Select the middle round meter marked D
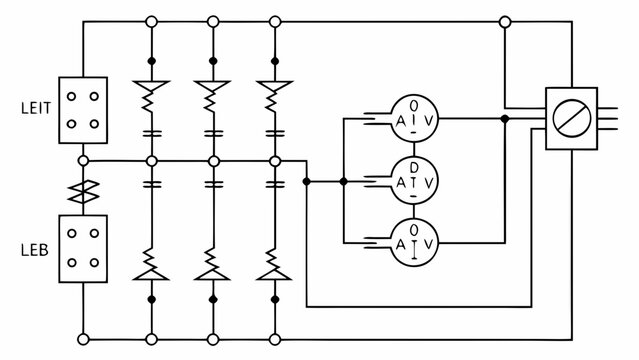point(414,181)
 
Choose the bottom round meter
point(414,241)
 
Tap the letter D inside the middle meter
point(414,167)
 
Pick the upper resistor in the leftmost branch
point(151,97)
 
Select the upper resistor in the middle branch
point(212,97)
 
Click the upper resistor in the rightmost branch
point(273,97)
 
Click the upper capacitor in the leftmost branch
point(151,132)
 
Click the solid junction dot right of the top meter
point(505,119)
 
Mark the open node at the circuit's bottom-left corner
point(84,338)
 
